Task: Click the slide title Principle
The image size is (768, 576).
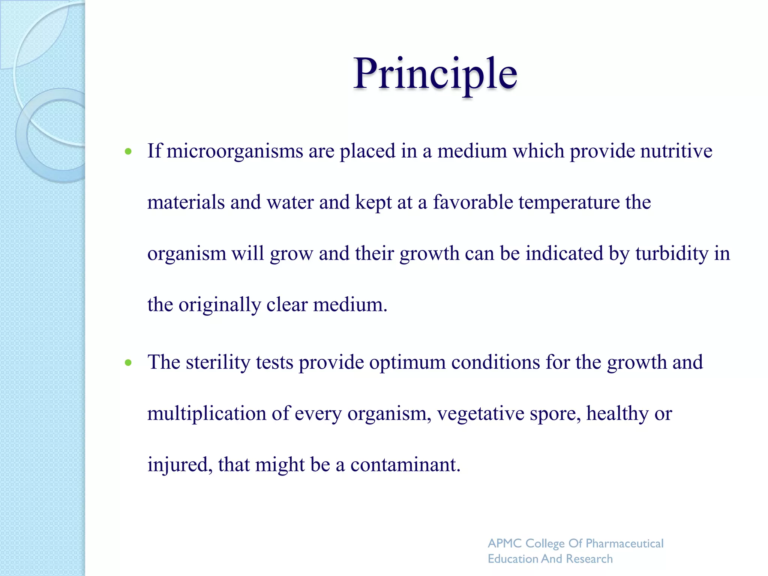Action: click(435, 73)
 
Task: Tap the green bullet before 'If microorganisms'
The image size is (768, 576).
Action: click(129, 151)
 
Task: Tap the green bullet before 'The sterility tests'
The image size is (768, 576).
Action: click(129, 363)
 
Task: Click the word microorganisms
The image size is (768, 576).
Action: click(235, 151)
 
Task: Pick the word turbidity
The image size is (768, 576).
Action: click(672, 253)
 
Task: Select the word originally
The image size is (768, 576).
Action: click(219, 305)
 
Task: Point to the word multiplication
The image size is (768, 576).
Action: click(207, 414)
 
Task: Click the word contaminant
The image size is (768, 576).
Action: click(405, 465)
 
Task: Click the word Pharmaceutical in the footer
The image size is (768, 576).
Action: click(624, 543)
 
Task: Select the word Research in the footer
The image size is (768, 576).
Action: click(589, 559)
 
